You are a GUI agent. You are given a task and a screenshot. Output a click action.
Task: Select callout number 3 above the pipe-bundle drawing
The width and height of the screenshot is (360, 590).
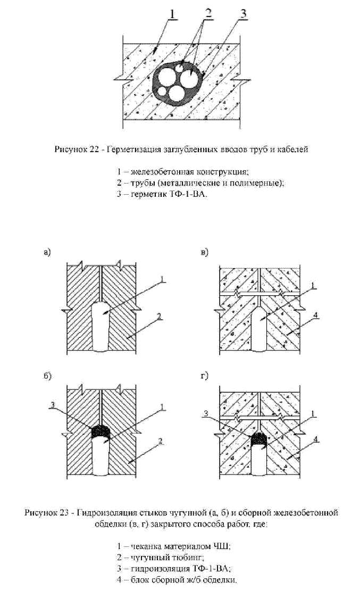coord(243,13)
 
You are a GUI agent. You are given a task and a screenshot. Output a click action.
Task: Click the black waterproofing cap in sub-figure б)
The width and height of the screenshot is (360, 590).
coord(101,430)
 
